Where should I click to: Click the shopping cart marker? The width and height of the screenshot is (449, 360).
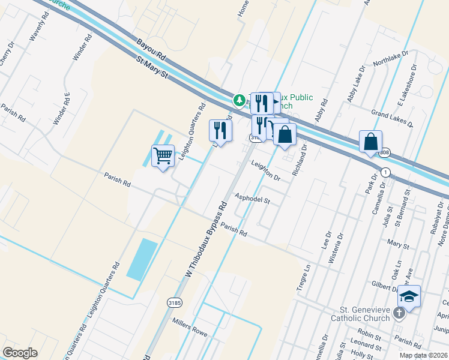point(163,157)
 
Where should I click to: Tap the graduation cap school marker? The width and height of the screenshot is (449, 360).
point(409,297)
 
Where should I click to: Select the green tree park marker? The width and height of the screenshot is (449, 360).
point(240,100)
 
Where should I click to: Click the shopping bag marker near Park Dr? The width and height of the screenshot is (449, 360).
point(371,143)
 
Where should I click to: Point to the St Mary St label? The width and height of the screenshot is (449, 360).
point(152,67)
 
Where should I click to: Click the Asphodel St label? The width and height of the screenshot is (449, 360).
point(253,199)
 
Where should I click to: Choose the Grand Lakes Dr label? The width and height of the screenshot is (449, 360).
point(392,118)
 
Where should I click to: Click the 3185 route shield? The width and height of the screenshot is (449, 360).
point(174,302)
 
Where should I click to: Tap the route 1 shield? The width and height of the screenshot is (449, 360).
point(385,172)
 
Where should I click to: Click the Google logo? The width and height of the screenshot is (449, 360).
point(20,353)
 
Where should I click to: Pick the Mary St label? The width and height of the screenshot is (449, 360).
point(398,245)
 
